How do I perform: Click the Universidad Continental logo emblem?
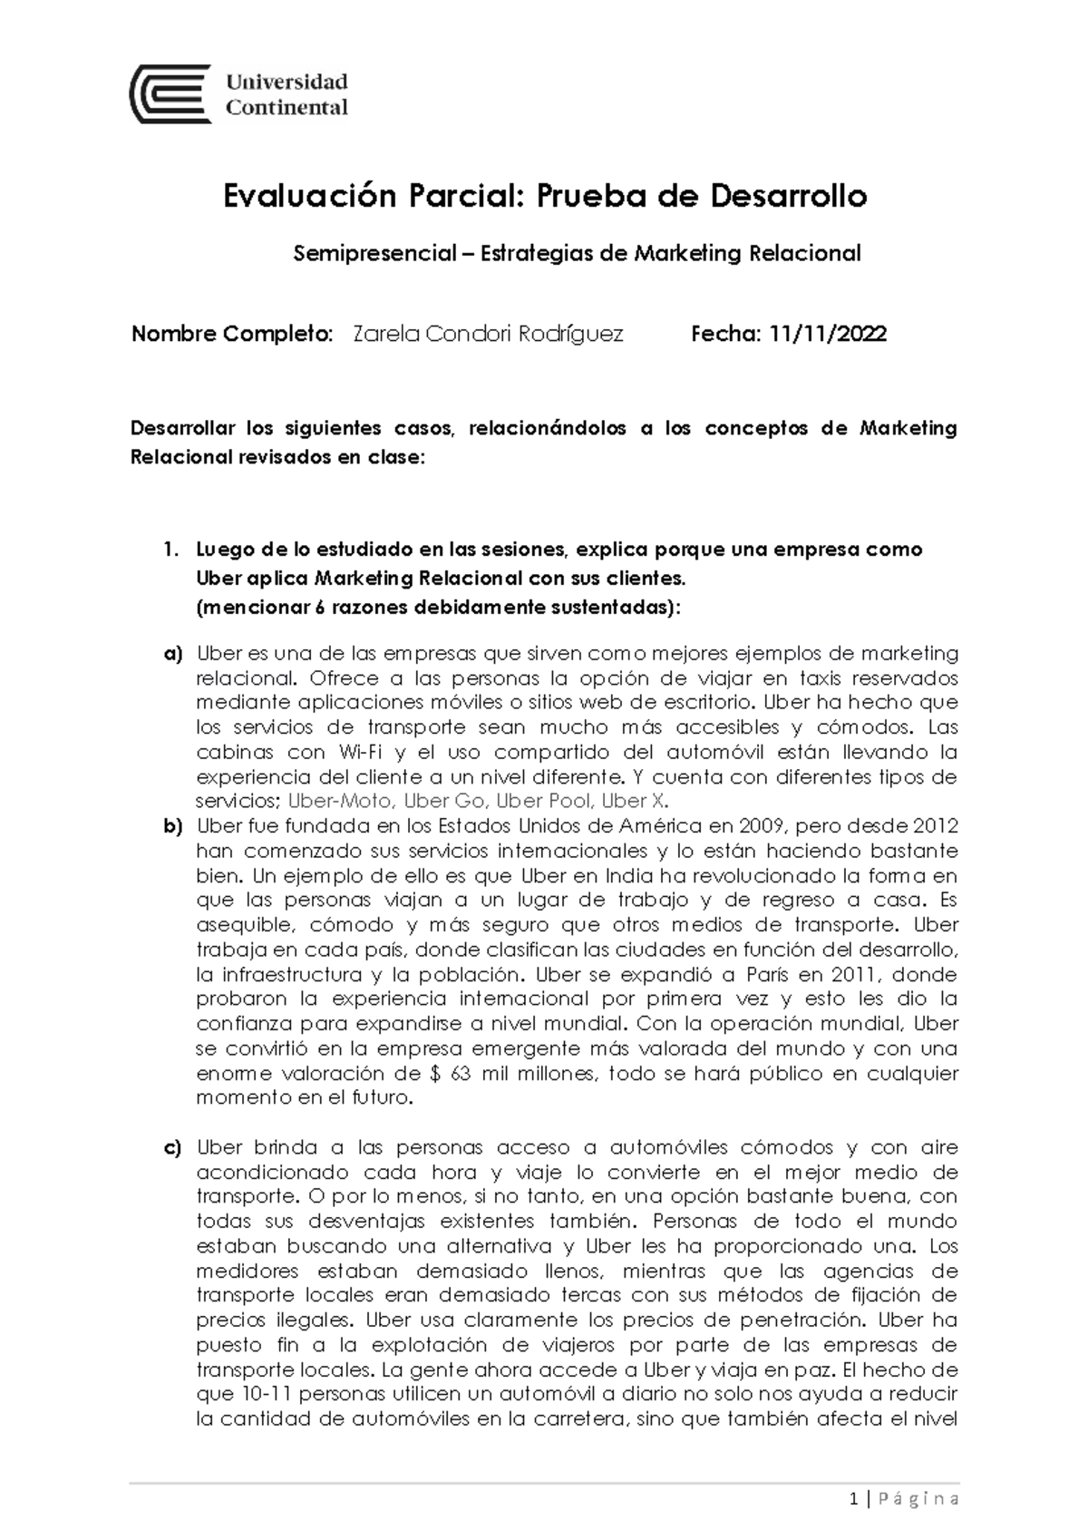(x=171, y=93)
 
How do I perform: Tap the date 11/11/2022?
(x=828, y=335)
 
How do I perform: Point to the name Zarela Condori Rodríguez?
(x=487, y=335)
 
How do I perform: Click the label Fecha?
(x=725, y=335)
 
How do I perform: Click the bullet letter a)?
(x=173, y=654)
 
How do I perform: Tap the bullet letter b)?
(x=173, y=827)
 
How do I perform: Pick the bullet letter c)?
(x=173, y=1148)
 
